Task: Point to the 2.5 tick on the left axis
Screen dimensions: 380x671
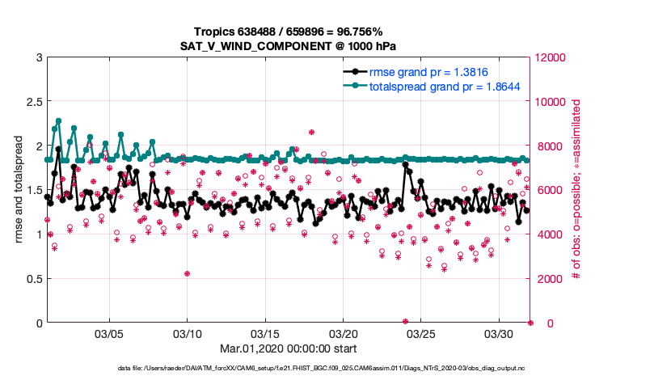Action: pos(32,102)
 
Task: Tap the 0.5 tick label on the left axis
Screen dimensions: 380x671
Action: pos(32,279)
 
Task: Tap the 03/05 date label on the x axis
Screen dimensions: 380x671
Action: pos(109,334)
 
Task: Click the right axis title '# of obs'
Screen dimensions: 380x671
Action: pos(576,190)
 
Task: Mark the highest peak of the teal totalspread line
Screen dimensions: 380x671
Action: pos(58,120)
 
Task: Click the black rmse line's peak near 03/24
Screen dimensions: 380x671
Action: pos(405,164)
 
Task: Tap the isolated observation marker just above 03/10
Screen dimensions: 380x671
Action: pos(187,273)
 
